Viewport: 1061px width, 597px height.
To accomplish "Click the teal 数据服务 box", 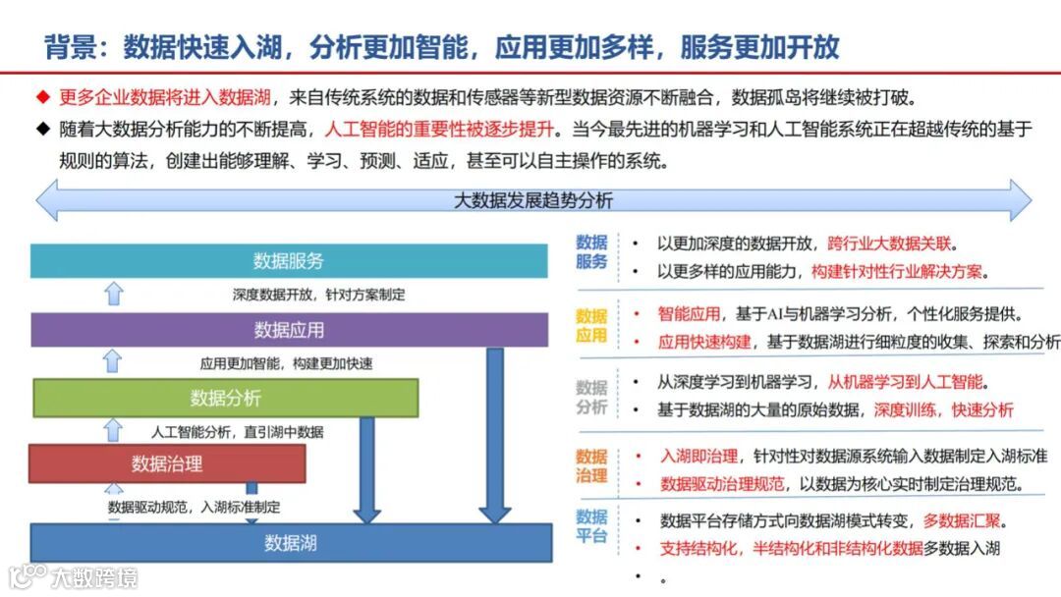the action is click(x=289, y=261).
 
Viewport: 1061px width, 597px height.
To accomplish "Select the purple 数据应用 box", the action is click(x=289, y=330).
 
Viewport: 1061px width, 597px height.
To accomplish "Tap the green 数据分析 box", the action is click(x=225, y=398).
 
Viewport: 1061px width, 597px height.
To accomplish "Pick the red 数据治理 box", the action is click(x=167, y=463).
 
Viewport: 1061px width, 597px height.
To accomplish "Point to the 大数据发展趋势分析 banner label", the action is click(x=532, y=200).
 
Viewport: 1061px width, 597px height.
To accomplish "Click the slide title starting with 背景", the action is click(x=442, y=46).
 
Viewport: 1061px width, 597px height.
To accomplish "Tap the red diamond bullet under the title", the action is click(x=42, y=97).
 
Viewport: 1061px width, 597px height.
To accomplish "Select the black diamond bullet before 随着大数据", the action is click(x=42, y=129).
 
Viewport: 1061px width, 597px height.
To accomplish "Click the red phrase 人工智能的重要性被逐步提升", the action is click(x=439, y=129).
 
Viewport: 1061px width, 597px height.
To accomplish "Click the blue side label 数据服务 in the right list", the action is click(x=591, y=252).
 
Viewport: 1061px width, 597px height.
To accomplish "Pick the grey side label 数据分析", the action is click(x=591, y=397).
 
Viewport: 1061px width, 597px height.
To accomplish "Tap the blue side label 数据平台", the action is click(x=591, y=526).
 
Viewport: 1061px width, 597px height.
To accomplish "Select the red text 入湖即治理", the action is click(x=698, y=456).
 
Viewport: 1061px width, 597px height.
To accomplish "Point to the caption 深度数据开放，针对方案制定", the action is click(x=318, y=294).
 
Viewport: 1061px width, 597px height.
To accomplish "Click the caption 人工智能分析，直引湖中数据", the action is click(x=237, y=431).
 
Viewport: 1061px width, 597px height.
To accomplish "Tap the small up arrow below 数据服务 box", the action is click(x=114, y=293).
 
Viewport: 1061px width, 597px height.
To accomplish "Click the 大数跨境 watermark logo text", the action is click(x=94, y=576).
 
